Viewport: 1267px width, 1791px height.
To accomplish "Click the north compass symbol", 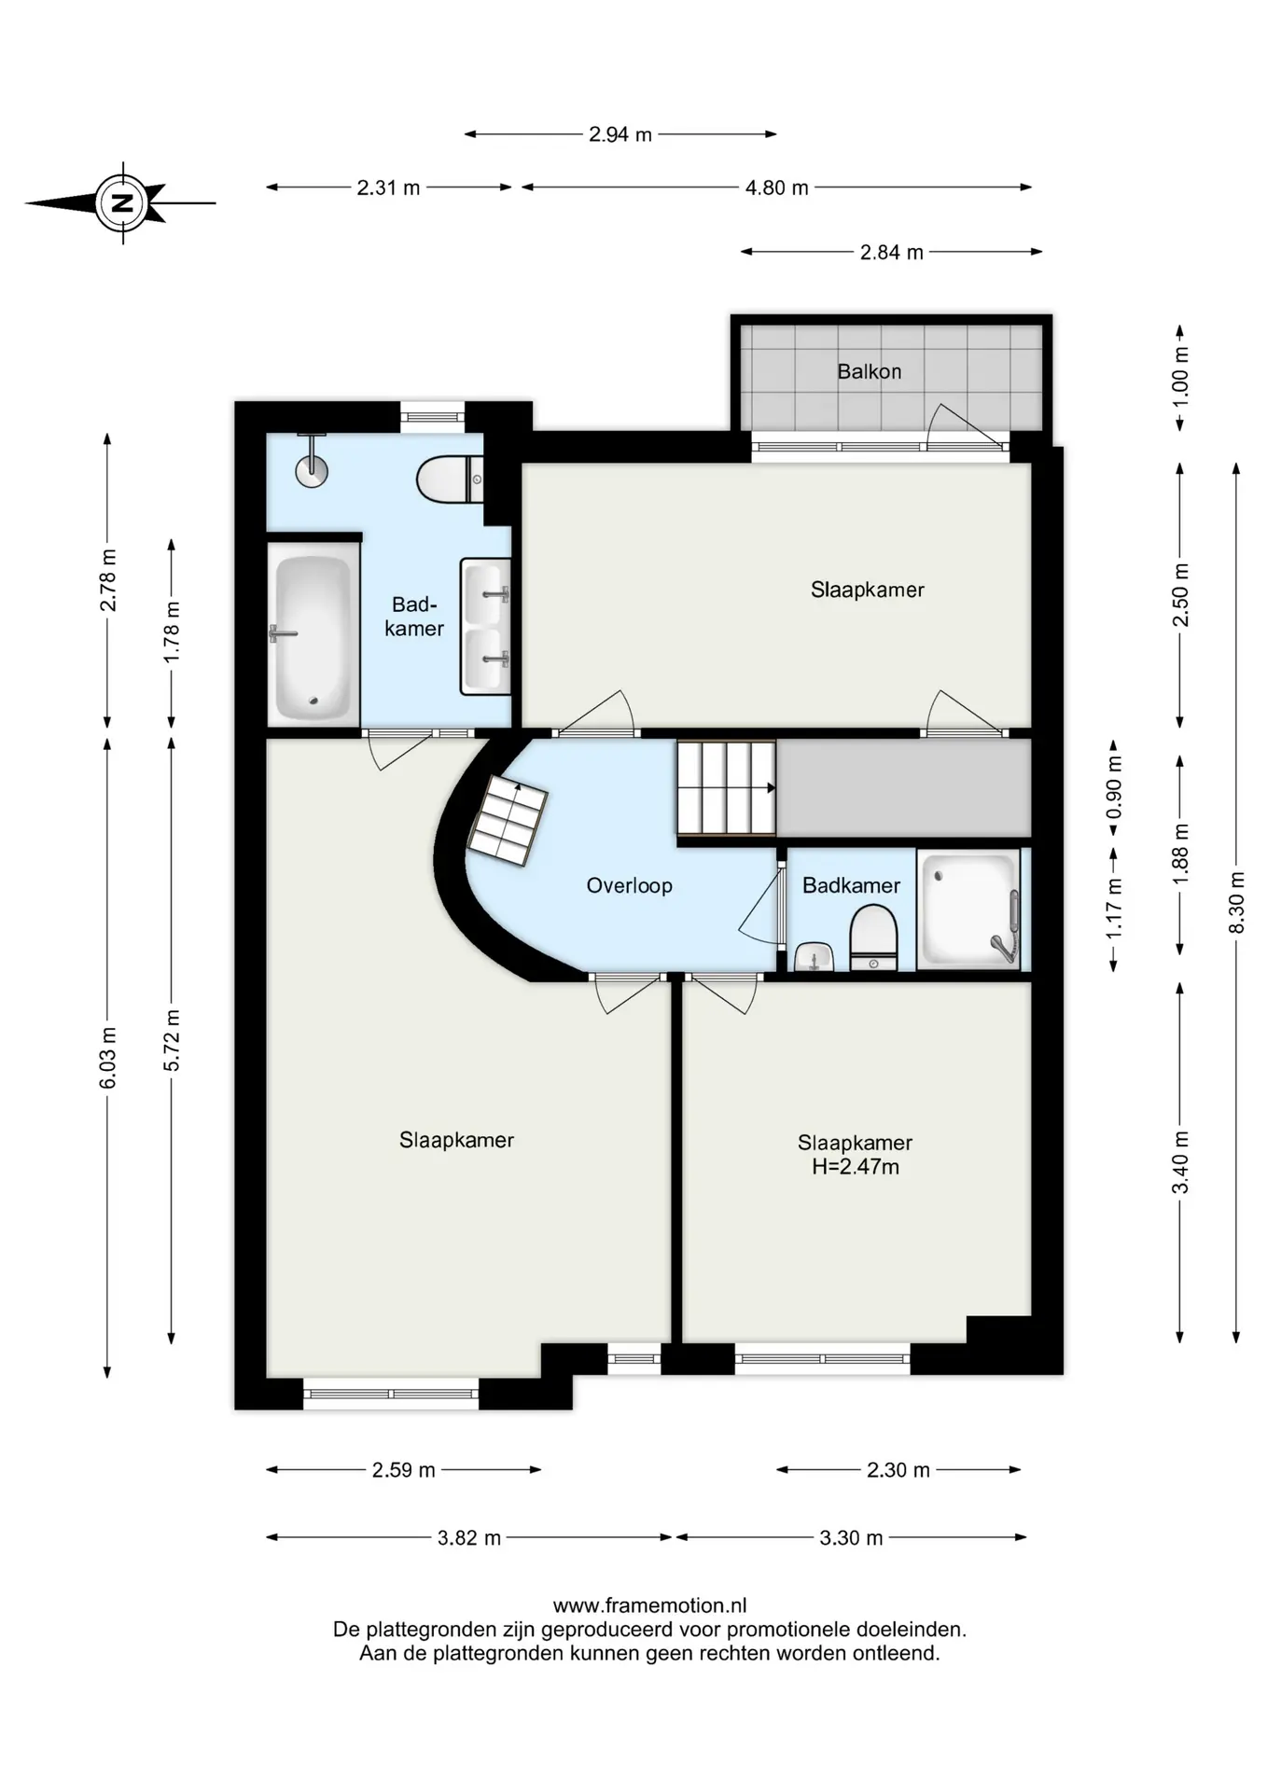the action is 122,202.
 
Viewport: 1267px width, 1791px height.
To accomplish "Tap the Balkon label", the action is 870,371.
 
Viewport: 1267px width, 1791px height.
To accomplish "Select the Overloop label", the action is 629,885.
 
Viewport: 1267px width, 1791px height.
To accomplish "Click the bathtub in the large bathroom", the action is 313,638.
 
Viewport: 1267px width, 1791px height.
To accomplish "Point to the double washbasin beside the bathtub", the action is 485,626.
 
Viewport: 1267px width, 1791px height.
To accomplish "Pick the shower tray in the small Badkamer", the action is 968,909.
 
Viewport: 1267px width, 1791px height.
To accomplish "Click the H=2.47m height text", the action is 856,1167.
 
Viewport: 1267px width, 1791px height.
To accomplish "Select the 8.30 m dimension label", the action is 1236,902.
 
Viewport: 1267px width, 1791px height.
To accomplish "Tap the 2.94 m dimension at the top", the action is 620,134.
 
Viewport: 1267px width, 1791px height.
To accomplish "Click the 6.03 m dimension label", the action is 107,1058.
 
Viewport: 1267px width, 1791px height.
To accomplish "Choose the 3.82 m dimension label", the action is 469,1537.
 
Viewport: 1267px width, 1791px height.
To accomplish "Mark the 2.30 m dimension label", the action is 898,1470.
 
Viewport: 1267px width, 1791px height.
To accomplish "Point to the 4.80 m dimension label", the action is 777,187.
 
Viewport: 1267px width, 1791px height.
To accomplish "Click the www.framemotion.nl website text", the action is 650,1605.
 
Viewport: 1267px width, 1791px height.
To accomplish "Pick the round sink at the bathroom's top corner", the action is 312,468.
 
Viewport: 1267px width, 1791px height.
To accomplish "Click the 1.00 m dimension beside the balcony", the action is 1180,377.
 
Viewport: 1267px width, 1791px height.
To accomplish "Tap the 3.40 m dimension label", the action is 1180,1162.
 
